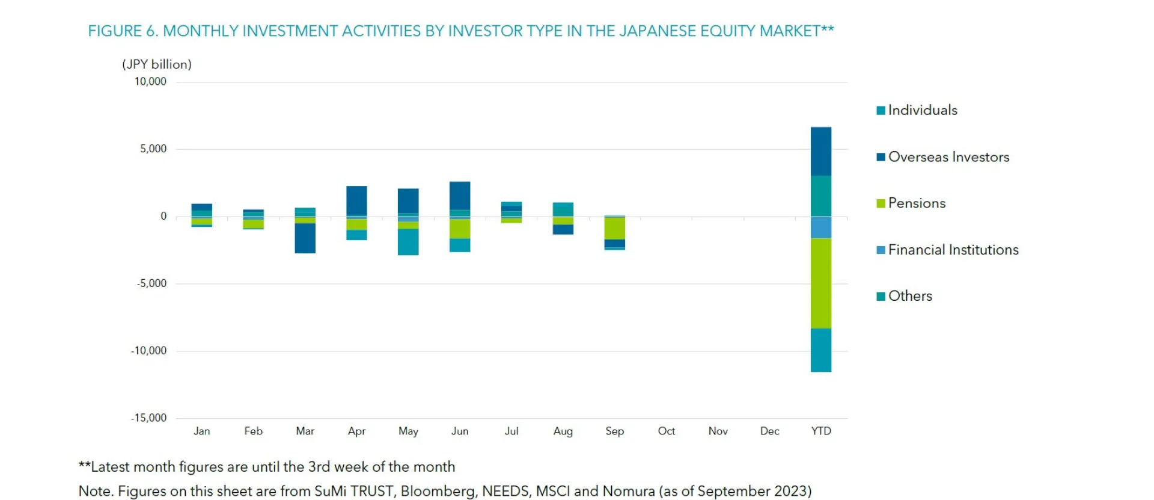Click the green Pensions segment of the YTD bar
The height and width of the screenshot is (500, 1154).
coord(820,283)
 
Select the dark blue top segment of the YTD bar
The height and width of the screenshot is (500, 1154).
coord(820,151)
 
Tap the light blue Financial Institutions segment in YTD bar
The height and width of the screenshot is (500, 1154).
coord(820,227)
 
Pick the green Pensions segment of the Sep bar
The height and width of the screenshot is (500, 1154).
coord(614,228)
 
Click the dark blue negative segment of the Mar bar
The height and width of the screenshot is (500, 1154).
coord(305,238)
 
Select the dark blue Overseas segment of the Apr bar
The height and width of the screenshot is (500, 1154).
coord(356,200)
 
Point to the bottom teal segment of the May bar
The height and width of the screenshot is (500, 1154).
coord(408,242)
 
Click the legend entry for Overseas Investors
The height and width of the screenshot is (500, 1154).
coord(948,157)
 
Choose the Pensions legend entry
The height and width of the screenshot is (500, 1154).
coord(916,203)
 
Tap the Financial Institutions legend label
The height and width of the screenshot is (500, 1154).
coord(953,250)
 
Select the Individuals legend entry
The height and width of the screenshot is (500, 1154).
coord(922,110)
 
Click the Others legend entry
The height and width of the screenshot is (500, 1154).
coord(909,296)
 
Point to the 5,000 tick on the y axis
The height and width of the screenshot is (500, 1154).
coord(153,149)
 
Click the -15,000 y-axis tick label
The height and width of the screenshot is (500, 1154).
coord(149,418)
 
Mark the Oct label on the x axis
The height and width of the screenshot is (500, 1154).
coord(666,431)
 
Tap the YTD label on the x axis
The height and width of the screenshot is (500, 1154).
coord(820,431)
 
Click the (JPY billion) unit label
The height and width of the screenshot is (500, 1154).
coord(157,64)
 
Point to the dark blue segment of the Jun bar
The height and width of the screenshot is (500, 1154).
coord(460,196)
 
